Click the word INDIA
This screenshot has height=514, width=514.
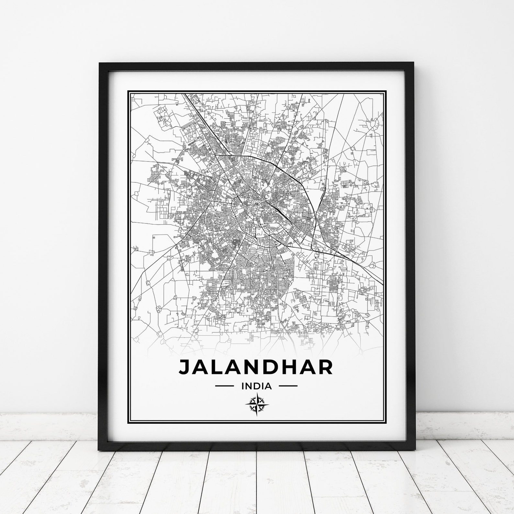tap(256, 386)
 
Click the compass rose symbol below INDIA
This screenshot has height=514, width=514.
tap(256, 404)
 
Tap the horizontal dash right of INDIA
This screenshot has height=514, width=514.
tap(288, 386)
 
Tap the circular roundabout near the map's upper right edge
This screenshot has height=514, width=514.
tap(375, 124)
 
